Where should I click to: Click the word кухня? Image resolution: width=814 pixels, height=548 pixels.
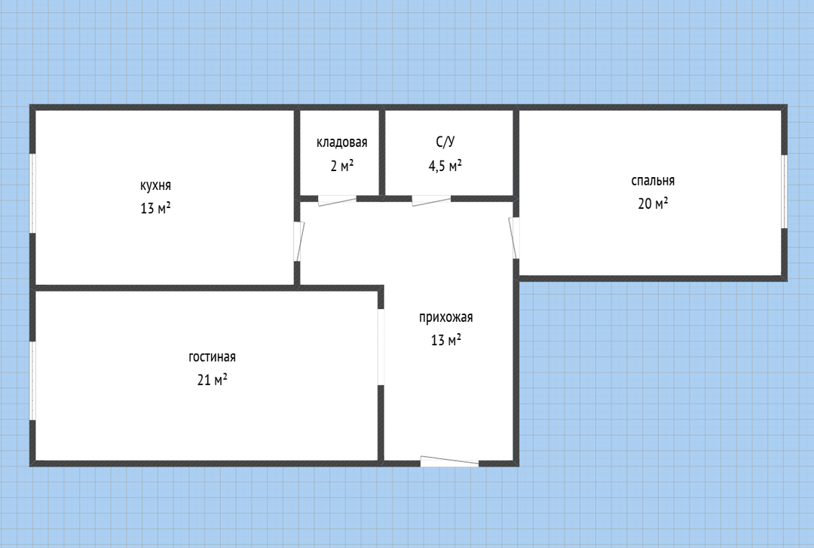155,185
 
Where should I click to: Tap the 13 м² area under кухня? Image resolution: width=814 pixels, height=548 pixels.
155,208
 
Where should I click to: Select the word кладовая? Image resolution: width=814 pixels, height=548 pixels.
341,143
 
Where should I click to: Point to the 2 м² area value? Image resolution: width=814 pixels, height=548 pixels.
341,166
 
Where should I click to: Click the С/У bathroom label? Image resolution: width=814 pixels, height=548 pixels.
445,142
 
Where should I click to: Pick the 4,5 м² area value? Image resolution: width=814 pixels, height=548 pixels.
445,166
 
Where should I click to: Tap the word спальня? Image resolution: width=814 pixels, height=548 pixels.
653,181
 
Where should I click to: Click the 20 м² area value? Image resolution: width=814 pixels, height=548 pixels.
653,203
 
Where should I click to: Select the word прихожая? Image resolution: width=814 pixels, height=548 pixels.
446,317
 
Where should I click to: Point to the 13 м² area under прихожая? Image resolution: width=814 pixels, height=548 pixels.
446,340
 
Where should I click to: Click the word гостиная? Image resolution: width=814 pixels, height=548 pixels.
212,357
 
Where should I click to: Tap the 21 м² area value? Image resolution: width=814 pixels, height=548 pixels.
212,380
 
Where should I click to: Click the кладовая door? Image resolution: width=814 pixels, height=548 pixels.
338,200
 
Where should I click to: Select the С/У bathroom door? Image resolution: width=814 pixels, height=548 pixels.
431,200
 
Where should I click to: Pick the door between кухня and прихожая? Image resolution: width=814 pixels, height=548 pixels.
298,241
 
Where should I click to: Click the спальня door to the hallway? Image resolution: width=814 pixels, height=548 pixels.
514,237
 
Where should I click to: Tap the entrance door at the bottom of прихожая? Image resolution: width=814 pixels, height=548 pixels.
449,461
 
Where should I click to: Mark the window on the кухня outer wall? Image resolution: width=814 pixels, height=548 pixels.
32,193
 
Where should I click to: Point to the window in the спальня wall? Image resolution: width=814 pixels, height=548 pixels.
785,191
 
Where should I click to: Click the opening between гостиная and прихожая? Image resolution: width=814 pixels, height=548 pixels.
381,347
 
